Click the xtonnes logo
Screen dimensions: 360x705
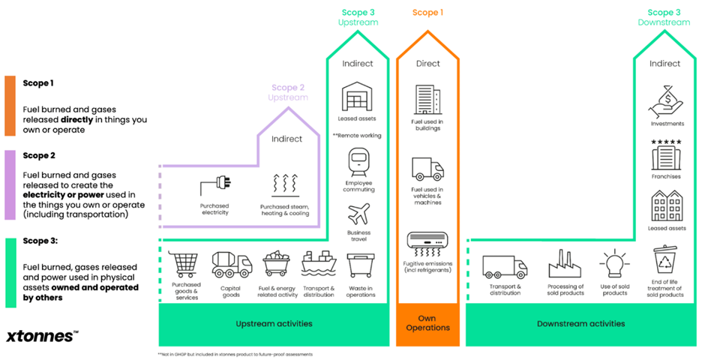point(42,336)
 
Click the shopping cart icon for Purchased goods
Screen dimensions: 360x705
point(185,265)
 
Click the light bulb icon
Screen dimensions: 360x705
point(614,263)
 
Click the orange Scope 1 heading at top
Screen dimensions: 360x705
point(427,13)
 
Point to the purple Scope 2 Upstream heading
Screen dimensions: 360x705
point(289,93)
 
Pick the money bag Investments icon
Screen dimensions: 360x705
point(665,100)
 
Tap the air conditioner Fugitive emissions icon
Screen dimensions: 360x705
point(427,241)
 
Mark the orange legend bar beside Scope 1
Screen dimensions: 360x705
point(9,105)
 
